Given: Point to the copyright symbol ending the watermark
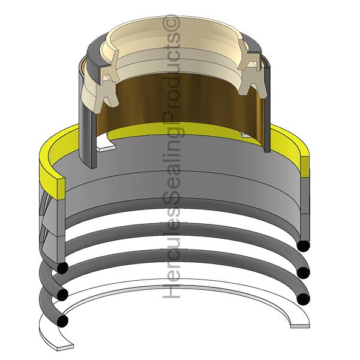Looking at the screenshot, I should (175, 23).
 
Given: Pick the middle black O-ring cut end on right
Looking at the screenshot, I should (304, 272).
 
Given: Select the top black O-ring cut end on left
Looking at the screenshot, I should (62, 267).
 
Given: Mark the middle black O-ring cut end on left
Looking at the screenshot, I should (62, 294).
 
